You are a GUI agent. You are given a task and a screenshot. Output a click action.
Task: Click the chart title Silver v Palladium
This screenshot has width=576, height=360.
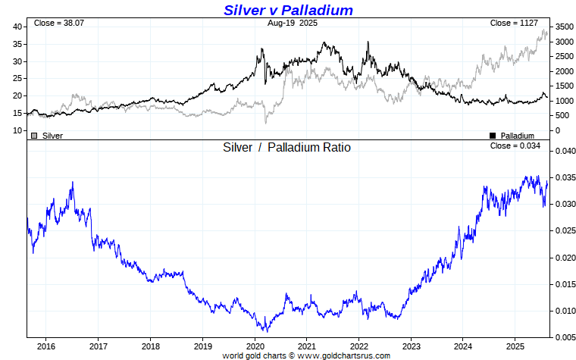288,10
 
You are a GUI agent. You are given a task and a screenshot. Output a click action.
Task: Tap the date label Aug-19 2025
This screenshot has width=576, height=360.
293,23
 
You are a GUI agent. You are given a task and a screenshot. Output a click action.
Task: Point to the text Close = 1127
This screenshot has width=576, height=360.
513,23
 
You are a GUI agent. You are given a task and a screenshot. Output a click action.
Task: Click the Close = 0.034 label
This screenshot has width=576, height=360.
515,146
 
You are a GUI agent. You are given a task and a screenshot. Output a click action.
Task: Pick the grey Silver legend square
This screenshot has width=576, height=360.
34,136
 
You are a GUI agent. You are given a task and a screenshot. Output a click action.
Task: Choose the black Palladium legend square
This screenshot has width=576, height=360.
493,136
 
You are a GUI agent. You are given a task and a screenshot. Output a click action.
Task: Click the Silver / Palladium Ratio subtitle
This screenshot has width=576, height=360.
286,148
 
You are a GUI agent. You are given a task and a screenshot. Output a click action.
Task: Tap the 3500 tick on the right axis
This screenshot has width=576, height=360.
562,27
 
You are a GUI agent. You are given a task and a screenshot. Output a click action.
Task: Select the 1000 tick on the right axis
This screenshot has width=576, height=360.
562,101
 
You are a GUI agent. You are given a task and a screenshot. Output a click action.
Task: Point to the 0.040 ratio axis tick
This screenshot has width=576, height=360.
564,151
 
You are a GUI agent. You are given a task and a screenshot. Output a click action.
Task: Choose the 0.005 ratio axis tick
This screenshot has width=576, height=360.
564,337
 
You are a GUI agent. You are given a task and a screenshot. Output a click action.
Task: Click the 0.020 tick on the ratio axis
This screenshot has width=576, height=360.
564,258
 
